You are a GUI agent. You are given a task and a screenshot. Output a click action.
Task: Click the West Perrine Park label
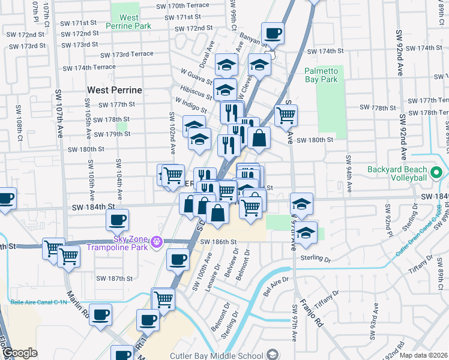point(128,22)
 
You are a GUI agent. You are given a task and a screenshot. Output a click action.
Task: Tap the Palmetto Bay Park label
point(321,75)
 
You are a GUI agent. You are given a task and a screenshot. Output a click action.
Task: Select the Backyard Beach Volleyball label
point(406,173)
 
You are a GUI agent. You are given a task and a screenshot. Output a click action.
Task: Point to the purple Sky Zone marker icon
point(157,242)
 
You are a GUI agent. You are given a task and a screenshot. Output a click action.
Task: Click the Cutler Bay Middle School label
point(217,354)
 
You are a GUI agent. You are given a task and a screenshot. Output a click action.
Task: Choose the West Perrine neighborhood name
point(115,90)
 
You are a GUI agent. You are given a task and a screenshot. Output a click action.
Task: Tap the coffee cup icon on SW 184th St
point(118,219)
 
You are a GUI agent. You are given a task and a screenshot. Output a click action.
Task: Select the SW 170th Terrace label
point(182,5)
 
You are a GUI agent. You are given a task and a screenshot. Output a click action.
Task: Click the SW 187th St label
point(115,278)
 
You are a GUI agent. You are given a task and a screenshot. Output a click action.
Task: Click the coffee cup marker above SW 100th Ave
point(177,259)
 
